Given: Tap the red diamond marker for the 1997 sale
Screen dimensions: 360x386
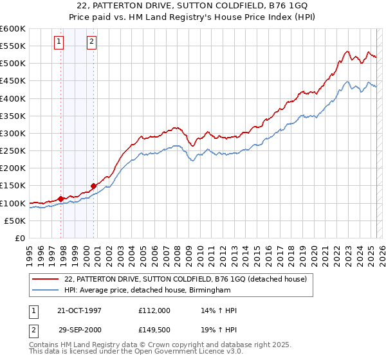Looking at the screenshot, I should tap(61, 199).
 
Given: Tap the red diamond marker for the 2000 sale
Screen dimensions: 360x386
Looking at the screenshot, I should tap(94, 186).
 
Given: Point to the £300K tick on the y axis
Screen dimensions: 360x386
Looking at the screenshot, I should tap(14, 133).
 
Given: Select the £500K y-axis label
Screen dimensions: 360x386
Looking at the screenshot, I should tap(14, 64).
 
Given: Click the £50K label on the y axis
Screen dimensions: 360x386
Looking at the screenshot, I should tap(15, 221).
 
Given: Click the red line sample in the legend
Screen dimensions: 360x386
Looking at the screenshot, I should tap(46, 279).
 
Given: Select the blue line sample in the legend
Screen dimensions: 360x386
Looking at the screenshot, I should tap(46, 291).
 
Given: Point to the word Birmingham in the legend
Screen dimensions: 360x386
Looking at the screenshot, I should tap(208, 291).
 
